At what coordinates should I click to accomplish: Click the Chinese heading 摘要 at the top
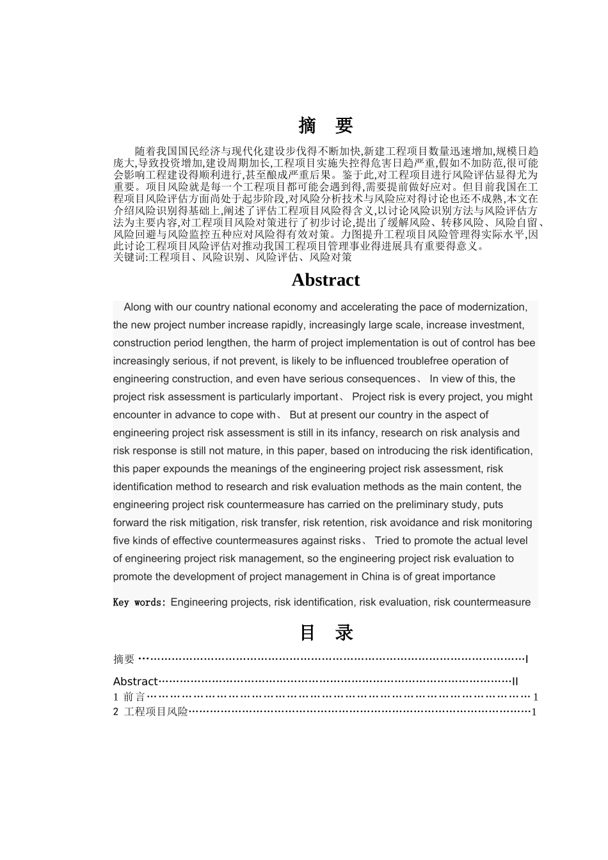tap(326, 126)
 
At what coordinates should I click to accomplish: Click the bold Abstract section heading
tap(325, 280)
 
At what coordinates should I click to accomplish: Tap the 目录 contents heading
tap(326, 633)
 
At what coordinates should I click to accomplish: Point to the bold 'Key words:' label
tap(140, 602)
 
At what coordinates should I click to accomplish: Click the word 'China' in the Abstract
tap(375, 577)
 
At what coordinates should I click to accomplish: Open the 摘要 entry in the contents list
tap(124, 659)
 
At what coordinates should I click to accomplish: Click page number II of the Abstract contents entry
tap(515, 681)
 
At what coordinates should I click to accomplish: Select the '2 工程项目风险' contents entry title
tap(151, 712)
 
